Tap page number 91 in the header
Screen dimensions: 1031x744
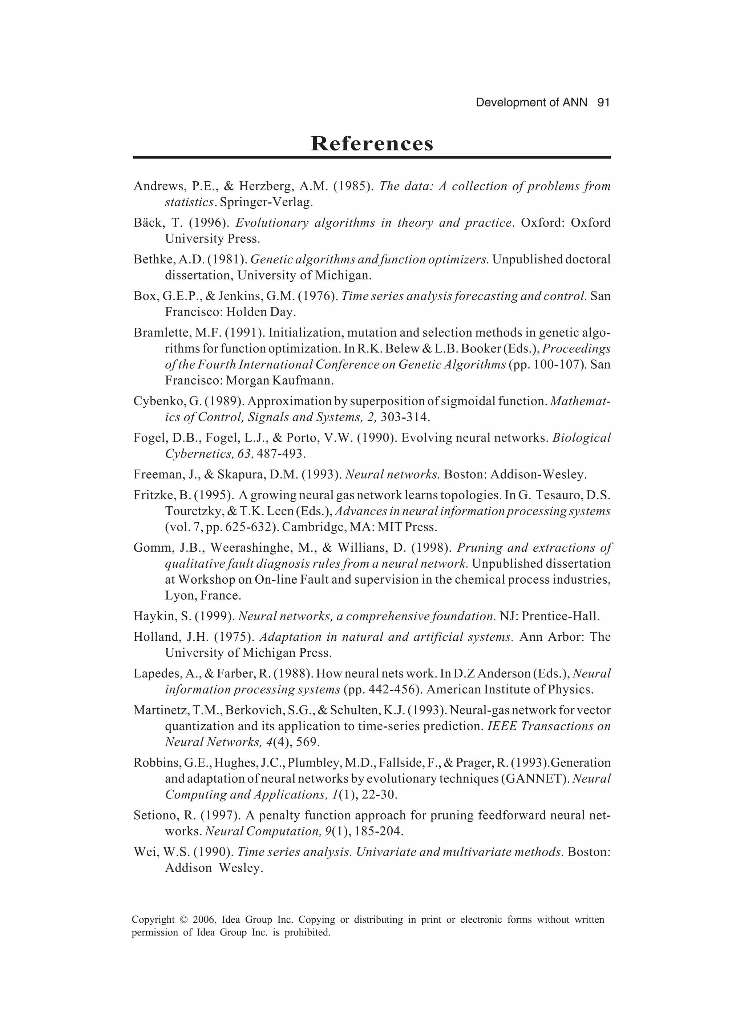(603, 103)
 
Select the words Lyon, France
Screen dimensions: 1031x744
(203, 596)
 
